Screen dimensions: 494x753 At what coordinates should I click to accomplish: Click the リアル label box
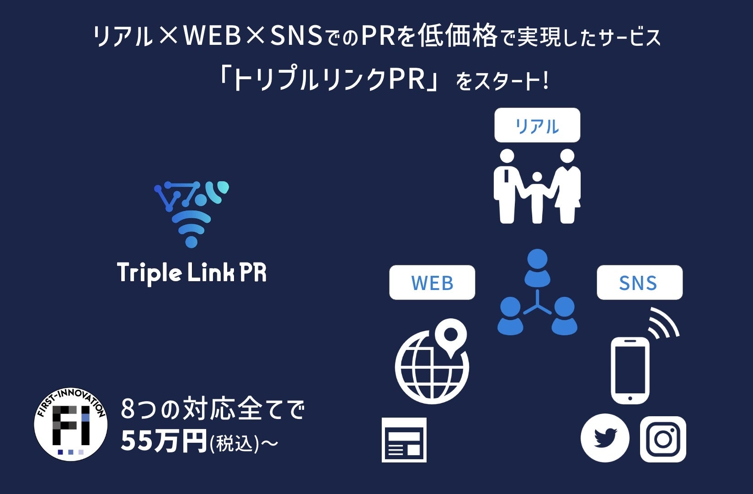[537, 125]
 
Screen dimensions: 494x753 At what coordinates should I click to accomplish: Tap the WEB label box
[432, 283]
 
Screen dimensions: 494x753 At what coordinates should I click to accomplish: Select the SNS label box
[639, 283]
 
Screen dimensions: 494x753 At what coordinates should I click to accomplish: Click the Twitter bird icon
[605, 438]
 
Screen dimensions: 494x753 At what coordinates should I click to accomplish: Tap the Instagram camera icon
[663, 439]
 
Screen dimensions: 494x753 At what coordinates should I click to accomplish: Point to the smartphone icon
[630, 370]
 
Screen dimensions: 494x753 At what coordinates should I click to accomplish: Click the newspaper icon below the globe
[404, 440]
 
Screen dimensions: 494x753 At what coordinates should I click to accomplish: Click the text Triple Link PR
[192, 273]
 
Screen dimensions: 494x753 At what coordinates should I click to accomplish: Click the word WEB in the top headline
[212, 37]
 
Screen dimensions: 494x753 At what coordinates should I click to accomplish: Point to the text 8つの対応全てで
[213, 409]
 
